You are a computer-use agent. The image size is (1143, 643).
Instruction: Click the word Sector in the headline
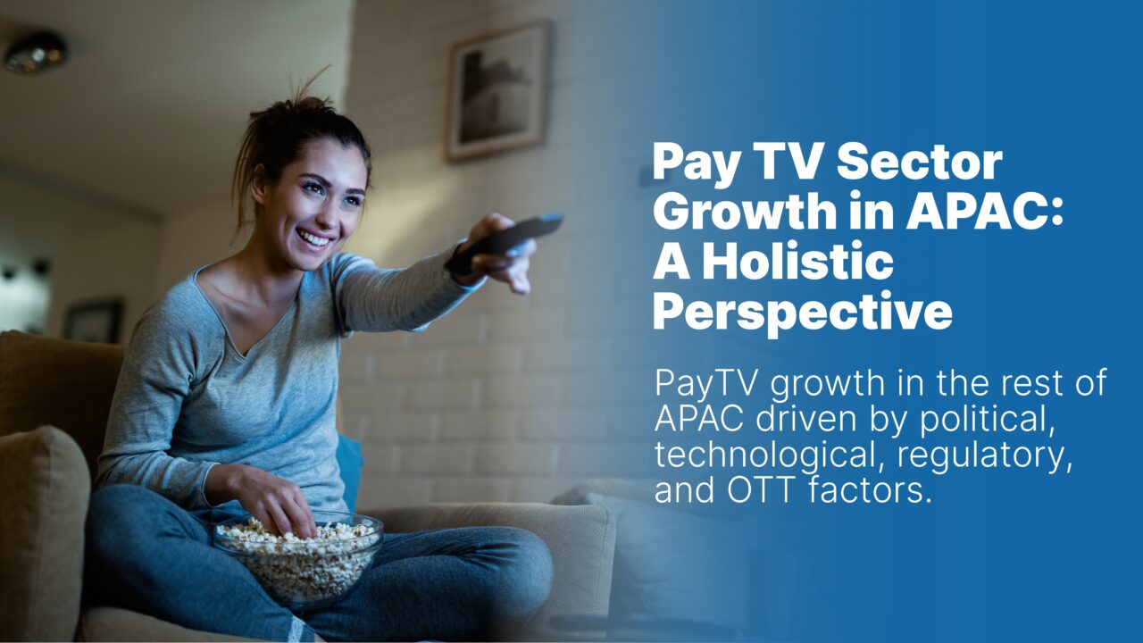[920, 162]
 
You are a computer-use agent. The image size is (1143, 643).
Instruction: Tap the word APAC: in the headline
[984, 211]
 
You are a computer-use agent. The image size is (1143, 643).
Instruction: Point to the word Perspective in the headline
[803, 312]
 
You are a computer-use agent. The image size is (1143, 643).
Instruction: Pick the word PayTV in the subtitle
[705, 384]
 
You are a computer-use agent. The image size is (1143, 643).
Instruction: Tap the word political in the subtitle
[987, 419]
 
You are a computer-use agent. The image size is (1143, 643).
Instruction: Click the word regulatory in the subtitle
[984, 455]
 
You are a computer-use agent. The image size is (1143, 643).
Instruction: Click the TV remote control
[505, 242]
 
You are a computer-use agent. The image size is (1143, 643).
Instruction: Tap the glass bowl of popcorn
[298, 556]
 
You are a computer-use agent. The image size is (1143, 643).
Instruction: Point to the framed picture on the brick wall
[497, 91]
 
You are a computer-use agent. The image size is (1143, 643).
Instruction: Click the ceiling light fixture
[36, 52]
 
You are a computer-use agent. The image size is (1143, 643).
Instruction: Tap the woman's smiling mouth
[314, 238]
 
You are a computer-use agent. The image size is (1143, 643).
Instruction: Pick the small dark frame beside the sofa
[95, 321]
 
